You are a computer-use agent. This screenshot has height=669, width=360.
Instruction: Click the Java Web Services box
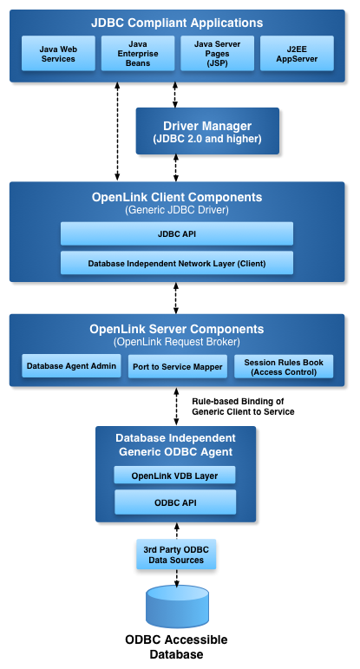[58, 54]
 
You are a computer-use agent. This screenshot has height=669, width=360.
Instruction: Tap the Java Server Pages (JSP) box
[217, 54]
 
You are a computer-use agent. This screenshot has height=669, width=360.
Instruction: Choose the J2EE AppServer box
[297, 54]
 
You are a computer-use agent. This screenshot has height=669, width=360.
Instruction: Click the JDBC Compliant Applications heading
[178, 23]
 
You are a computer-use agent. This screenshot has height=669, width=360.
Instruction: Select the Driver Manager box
[206, 130]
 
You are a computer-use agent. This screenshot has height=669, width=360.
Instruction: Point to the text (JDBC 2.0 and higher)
[206, 139]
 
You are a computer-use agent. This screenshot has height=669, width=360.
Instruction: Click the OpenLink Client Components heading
[177, 197]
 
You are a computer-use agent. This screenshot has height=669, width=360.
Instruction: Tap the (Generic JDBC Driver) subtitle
[177, 210]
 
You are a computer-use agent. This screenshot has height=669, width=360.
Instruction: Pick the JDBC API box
[176, 233]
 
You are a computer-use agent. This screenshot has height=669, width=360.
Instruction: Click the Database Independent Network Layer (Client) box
[176, 263]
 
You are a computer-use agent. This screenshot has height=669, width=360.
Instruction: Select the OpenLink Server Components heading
[176, 329]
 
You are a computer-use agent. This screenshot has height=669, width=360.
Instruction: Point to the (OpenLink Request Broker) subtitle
[176, 342]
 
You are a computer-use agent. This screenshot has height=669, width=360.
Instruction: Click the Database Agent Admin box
[71, 366]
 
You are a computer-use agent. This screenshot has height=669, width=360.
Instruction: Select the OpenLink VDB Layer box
[175, 475]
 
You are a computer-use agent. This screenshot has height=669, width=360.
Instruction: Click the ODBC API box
[175, 502]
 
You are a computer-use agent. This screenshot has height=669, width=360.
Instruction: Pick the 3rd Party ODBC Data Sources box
[176, 554]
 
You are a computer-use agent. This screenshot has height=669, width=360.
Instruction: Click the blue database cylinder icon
[176, 606]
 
